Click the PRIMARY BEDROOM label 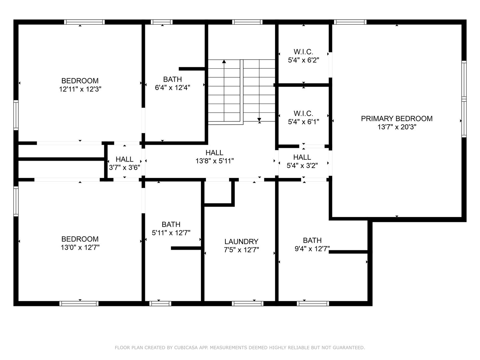point(397,118)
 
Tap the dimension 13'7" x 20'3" point(397,127)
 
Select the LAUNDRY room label point(241,241)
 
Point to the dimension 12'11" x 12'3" point(80,89)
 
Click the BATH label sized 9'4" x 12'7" point(312,240)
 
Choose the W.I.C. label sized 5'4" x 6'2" point(303,52)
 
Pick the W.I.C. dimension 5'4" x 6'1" point(303,122)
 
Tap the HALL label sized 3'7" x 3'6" point(125,159)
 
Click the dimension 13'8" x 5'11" point(214,161)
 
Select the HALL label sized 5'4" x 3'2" point(302,157)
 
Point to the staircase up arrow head point(224,61)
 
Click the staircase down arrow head point(259,120)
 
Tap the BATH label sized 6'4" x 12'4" point(172,79)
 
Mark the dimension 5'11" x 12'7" point(171,233)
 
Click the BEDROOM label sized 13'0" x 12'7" point(80,239)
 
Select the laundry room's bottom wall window point(247,303)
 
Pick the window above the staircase point(247,22)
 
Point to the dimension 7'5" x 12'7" point(241,250)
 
